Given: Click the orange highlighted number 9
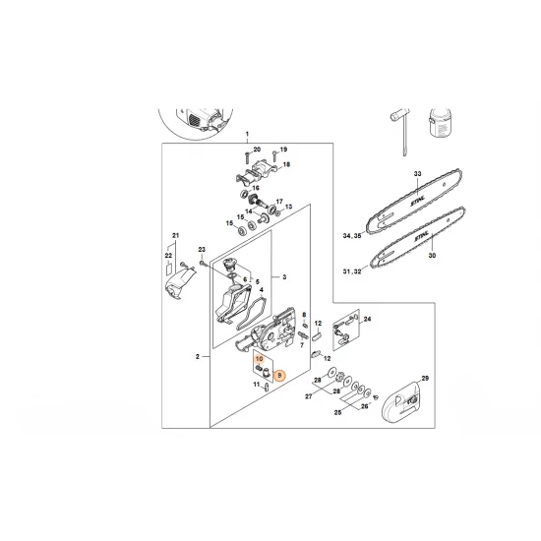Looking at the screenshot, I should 278,374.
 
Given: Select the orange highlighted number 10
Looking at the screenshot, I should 260,361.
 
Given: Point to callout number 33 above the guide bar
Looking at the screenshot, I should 416,174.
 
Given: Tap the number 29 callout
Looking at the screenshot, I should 425,378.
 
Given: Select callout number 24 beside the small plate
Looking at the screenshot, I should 367,319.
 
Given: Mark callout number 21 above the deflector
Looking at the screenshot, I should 175,235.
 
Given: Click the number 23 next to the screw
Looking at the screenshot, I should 202,250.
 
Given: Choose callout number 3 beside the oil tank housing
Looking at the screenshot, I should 284,277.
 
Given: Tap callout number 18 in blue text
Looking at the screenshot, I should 287,165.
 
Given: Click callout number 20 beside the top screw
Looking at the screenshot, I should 257,149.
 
